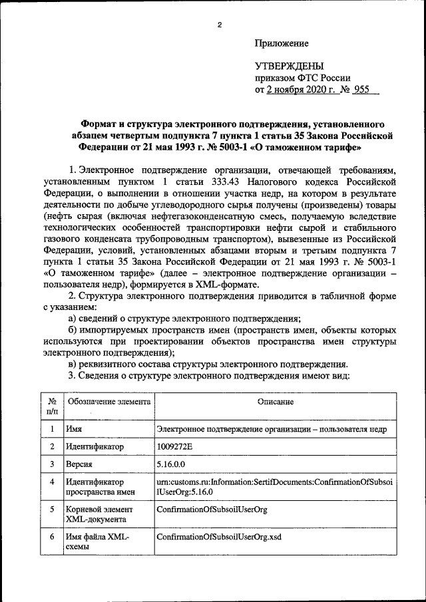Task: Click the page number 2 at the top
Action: click(x=218, y=25)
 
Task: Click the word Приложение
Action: click(x=282, y=44)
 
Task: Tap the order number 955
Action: click(x=361, y=89)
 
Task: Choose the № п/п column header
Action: click(x=52, y=407)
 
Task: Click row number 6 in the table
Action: click(x=52, y=537)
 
